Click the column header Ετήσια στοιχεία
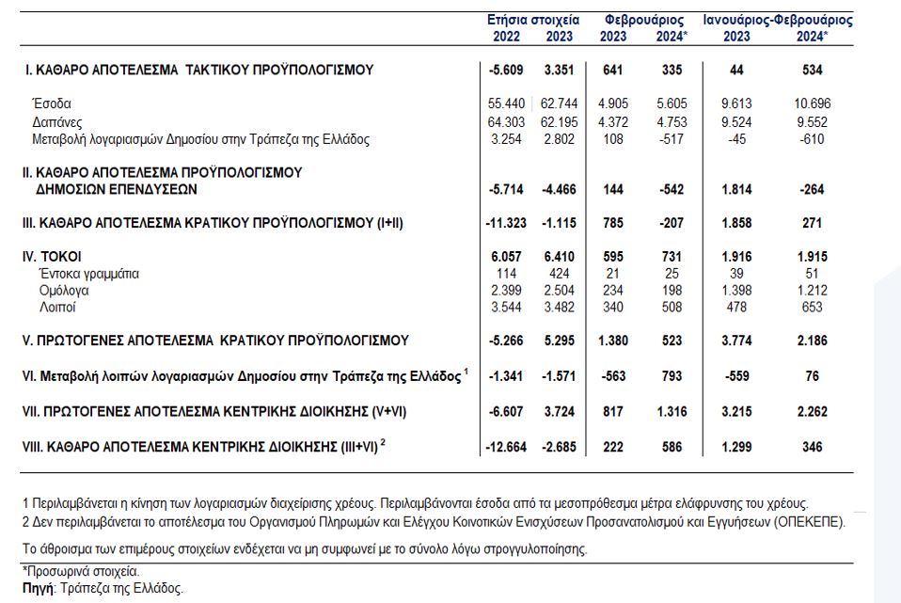(x=533, y=20)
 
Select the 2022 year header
(x=506, y=37)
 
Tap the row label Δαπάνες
(x=56, y=122)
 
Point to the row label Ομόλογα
(x=64, y=291)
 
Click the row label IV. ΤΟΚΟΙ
(x=52, y=257)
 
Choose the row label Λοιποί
(x=57, y=307)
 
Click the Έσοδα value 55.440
(x=506, y=104)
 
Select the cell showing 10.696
(x=812, y=104)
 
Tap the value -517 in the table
(x=672, y=139)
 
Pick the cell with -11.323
(x=506, y=223)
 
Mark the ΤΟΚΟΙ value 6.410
(x=559, y=257)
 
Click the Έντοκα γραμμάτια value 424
(x=559, y=274)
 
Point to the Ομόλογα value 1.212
(x=812, y=291)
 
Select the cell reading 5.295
(x=559, y=341)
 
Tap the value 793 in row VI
(x=672, y=376)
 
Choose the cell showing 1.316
(x=672, y=412)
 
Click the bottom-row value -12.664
(x=506, y=447)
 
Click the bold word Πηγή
(x=38, y=589)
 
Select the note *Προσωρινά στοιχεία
(x=81, y=572)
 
